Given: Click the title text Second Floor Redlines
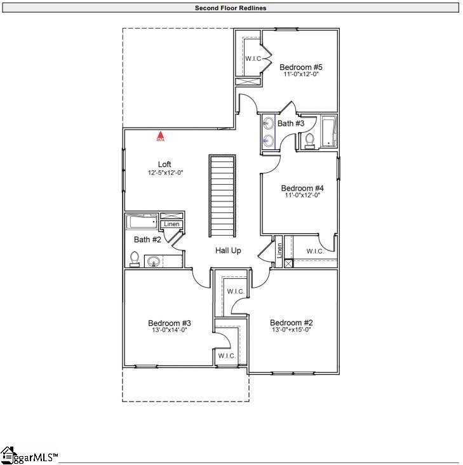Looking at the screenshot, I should click(x=231, y=8).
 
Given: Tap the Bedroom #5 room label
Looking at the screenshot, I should click(x=301, y=67).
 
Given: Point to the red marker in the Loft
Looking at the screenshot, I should click(x=161, y=135).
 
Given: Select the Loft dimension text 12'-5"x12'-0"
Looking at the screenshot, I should click(x=164, y=172).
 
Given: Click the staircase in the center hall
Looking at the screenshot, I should click(x=222, y=195).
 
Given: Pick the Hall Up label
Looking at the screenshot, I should click(x=228, y=251).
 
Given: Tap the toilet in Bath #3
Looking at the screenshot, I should click(x=310, y=140).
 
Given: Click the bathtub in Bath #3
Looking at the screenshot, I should click(x=328, y=131).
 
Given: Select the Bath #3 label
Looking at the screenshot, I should click(x=291, y=123).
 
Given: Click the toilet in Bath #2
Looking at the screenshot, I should click(x=134, y=259).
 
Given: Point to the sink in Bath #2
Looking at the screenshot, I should click(x=152, y=260).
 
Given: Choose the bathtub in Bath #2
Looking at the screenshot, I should click(x=142, y=222).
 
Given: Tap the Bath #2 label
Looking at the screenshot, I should click(x=147, y=239).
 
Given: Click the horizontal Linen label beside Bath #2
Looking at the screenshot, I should click(x=171, y=224).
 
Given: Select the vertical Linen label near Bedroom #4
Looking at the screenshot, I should click(x=278, y=251).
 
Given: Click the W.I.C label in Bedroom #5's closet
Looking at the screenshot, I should click(x=253, y=59).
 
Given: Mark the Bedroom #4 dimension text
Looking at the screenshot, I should click(x=302, y=196).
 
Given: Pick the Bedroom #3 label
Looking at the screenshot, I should click(x=170, y=323).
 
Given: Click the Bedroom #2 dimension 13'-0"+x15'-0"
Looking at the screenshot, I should click(x=291, y=330).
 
